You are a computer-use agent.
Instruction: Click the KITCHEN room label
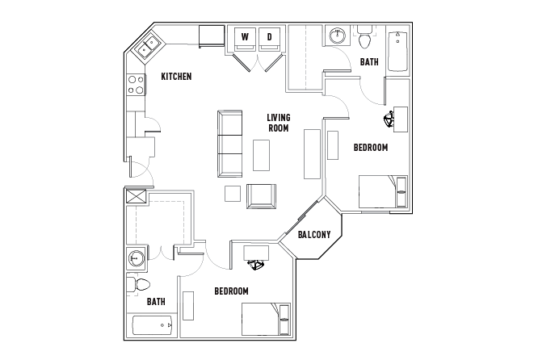point(176,77)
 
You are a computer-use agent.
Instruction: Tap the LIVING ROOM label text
point(279,122)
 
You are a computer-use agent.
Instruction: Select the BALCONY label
point(313,235)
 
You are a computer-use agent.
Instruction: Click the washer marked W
point(244,37)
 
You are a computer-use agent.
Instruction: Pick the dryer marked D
point(269,37)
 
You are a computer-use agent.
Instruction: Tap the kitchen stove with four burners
point(134,85)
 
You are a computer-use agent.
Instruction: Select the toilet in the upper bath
point(365,38)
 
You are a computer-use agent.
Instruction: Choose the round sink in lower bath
point(135,258)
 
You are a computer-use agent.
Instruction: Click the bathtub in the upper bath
point(398,51)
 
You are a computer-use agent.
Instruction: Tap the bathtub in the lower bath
point(153,326)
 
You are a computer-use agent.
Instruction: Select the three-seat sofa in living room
point(230,145)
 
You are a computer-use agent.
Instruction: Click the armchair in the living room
point(260,195)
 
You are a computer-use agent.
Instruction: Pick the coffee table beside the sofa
point(261,155)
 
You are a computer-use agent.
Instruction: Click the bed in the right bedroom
point(383,192)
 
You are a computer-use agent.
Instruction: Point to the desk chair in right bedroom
point(390,120)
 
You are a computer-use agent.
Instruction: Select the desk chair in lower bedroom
point(258,264)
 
